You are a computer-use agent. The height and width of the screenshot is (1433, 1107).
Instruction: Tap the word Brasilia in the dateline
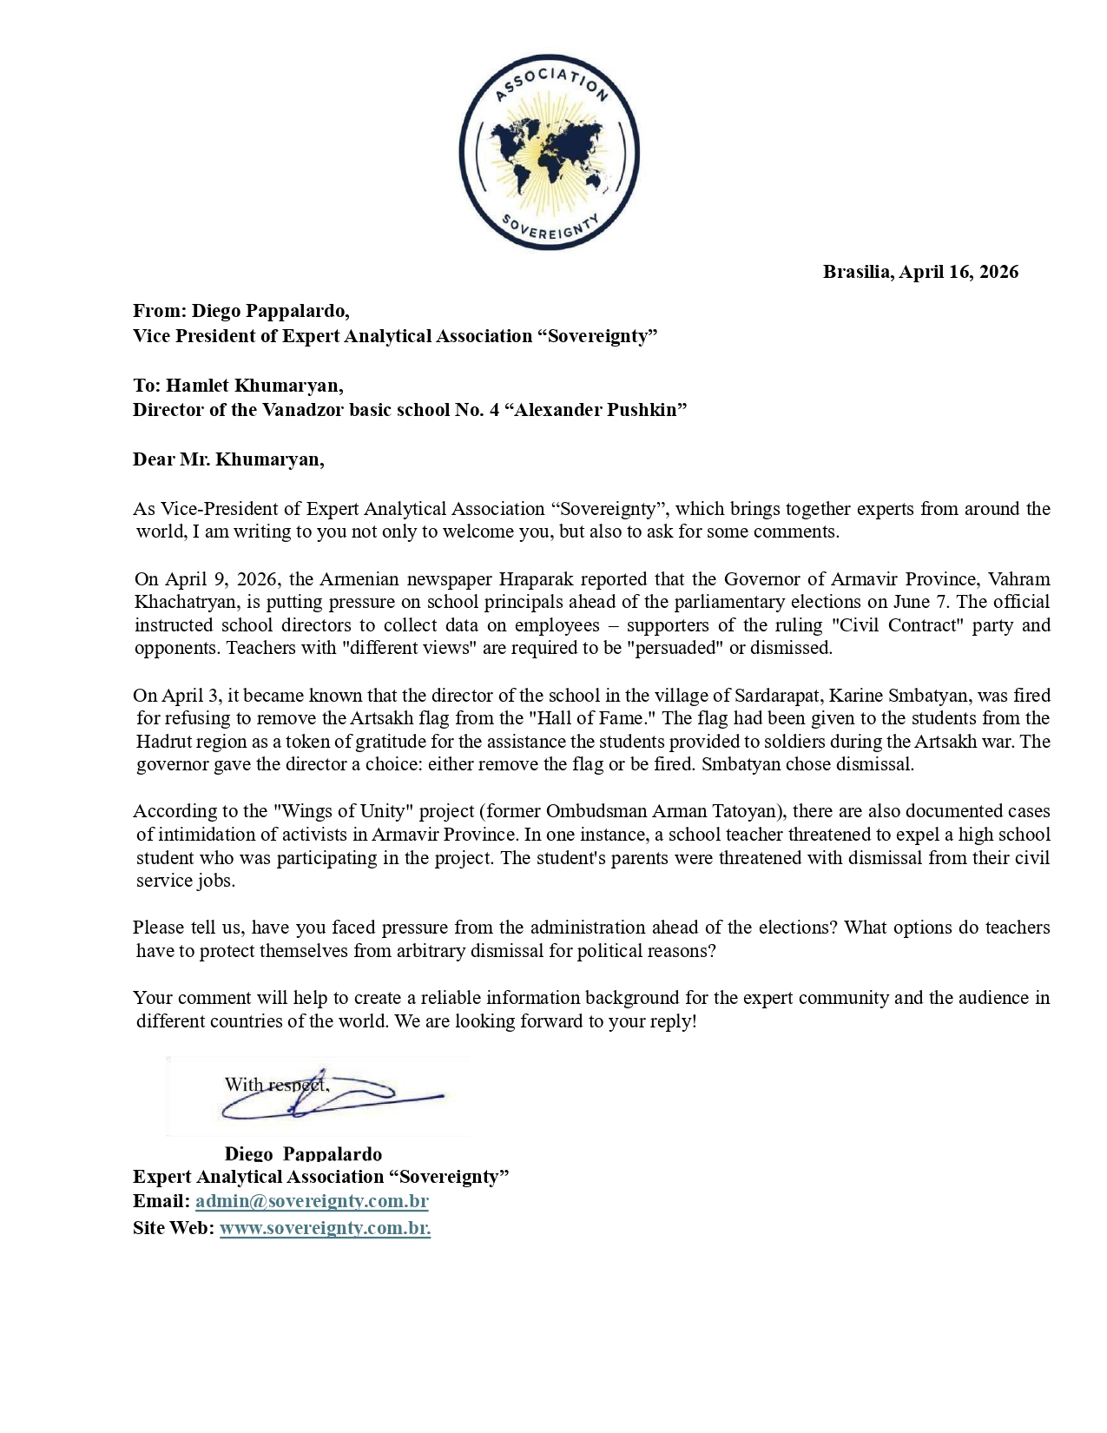point(857,272)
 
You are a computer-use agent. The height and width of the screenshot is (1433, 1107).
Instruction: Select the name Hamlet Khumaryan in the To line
point(254,385)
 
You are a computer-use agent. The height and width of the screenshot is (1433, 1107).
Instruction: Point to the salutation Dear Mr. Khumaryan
point(228,459)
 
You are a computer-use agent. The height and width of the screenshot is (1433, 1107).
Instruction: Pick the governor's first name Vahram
point(1019,579)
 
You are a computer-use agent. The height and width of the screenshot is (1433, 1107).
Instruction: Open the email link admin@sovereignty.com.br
point(312,1201)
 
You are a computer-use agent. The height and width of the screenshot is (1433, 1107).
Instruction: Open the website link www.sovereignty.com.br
point(325,1228)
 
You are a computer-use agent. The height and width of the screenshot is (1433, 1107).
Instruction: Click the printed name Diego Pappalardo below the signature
point(303,1153)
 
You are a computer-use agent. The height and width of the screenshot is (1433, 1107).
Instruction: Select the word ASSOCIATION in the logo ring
point(550,83)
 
